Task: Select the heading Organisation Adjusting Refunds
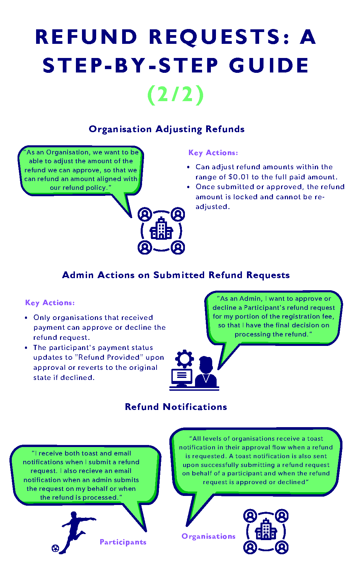click(x=167, y=129)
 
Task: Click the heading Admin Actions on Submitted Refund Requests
click(x=176, y=275)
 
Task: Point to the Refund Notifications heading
click(x=176, y=407)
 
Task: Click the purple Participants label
click(x=123, y=542)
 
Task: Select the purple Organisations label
click(x=209, y=536)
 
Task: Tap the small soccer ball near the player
click(x=55, y=548)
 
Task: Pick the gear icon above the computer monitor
click(x=185, y=359)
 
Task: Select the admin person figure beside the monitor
click(x=206, y=373)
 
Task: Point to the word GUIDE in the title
click(x=269, y=65)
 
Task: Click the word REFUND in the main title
click(x=86, y=37)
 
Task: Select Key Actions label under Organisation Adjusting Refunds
click(x=213, y=153)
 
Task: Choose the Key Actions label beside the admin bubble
click(x=50, y=303)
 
